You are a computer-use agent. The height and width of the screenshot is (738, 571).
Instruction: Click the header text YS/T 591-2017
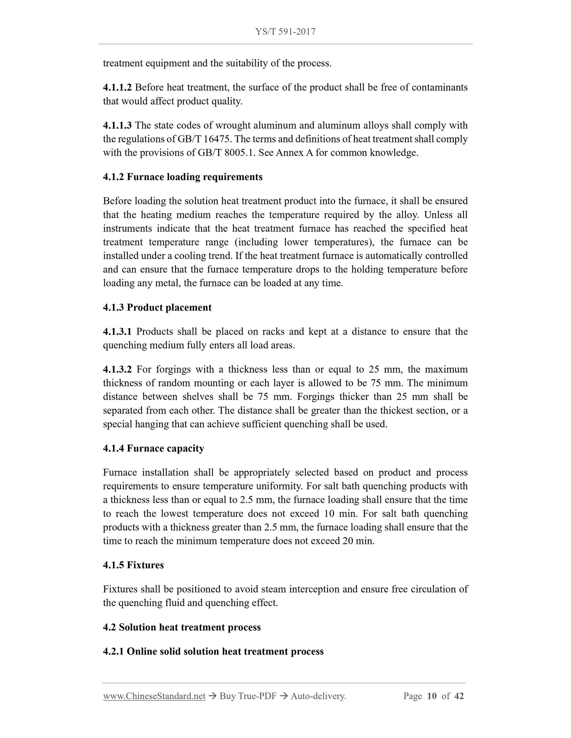click(285, 32)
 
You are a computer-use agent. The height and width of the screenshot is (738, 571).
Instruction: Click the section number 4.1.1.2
click(117, 88)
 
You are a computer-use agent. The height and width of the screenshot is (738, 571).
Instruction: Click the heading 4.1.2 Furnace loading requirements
click(183, 177)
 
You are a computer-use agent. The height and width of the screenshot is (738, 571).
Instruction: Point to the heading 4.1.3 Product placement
click(157, 308)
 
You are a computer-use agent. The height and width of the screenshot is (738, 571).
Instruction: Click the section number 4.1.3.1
click(117, 332)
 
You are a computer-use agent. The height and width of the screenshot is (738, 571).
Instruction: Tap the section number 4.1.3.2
click(117, 370)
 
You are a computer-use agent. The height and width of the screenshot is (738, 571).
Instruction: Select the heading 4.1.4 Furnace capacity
click(153, 449)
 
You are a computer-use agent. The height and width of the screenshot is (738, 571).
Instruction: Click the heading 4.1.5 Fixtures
click(133, 565)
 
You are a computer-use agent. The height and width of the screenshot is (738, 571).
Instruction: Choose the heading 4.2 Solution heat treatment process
click(182, 627)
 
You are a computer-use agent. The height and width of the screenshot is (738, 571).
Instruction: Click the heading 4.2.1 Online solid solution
click(213, 652)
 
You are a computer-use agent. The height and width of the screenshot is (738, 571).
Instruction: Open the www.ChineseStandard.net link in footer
click(154, 696)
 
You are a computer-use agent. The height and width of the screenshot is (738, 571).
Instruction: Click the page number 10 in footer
click(432, 696)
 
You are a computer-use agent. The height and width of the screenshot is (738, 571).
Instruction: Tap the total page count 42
click(459, 696)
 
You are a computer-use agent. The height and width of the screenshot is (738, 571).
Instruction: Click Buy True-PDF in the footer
click(248, 696)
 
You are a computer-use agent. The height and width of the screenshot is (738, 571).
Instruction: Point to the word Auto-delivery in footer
click(318, 696)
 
